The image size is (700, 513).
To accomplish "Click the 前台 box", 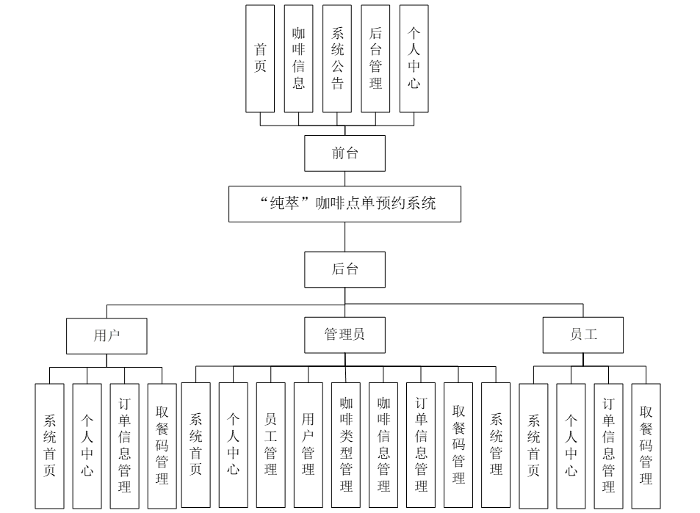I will click(x=344, y=153).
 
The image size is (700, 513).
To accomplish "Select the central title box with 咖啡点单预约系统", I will click(x=344, y=203).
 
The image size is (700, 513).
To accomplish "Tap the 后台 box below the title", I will click(x=344, y=269).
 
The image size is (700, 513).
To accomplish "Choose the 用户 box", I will click(x=107, y=335).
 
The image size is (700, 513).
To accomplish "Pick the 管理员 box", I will click(x=344, y=335).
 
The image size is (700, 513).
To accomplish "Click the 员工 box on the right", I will click(x=583, y=335).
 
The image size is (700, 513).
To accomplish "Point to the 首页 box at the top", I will click(x=261, y=59).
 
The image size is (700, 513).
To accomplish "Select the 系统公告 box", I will click(x=337, y=59).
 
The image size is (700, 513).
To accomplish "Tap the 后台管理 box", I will click(x=375, y=59).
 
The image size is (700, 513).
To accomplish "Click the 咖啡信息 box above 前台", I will click(x=299, y=59).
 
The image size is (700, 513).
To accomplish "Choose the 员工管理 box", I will click(x=270, y=445).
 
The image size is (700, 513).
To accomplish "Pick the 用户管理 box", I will click(x=308, y=445).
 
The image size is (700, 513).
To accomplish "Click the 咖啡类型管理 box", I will click(x=346, y=445).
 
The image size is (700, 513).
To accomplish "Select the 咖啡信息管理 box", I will click(x=383, y=445).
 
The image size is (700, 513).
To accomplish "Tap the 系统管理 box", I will click(x=496, y=445).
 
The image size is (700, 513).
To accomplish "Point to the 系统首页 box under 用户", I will click(x=50, y=445).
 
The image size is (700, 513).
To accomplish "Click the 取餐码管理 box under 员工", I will click(x=646, y=445).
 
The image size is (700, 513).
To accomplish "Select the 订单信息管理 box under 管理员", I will click(x=421, y=445).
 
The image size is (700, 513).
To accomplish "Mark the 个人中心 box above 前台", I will click(x=414, y=59).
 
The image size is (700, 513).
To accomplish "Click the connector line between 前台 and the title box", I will click(x=345, y=179).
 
